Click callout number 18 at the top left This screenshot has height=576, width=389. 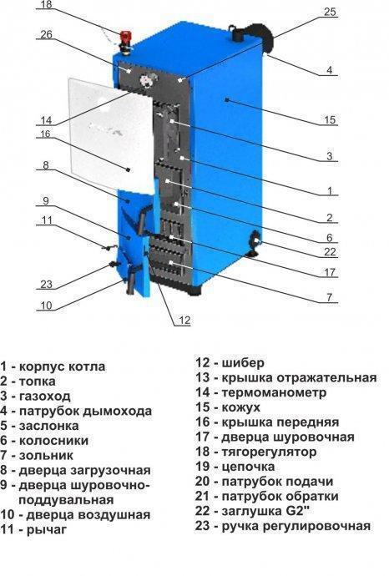tap(46, 4)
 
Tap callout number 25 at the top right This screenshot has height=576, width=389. tap(330, 12)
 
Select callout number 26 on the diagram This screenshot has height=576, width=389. tap(46, 34)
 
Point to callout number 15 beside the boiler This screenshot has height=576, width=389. tap(330, 119)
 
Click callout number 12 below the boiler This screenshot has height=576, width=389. tap(184, 321)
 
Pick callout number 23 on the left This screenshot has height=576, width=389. tap(46, 284)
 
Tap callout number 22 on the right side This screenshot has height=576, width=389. tap(330, 252)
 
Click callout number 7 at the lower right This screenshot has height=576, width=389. tap(330, 297)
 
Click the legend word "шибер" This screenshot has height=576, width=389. tap(243, 363)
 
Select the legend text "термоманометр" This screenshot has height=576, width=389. tap(274, 392)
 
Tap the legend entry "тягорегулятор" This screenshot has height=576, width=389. tap(269, 452)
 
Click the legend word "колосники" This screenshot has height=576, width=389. tap(53, 441)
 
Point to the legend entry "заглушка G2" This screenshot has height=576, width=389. tap(260, 511)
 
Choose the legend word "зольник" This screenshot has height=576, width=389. tap(46, 456)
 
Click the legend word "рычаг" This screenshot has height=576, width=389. tap(46, 530)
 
